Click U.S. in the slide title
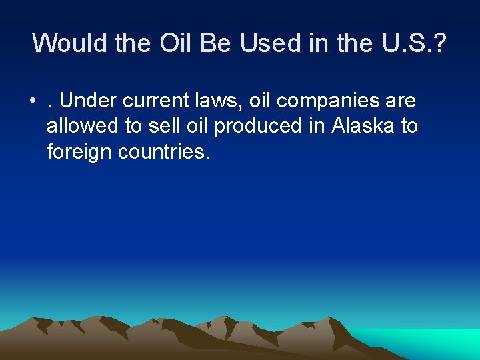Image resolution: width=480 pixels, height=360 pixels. point(393,43)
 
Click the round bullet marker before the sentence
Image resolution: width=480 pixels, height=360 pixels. point(32,102)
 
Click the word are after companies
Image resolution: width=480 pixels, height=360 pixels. point(399,102)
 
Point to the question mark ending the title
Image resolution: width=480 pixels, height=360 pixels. point(441,43)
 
